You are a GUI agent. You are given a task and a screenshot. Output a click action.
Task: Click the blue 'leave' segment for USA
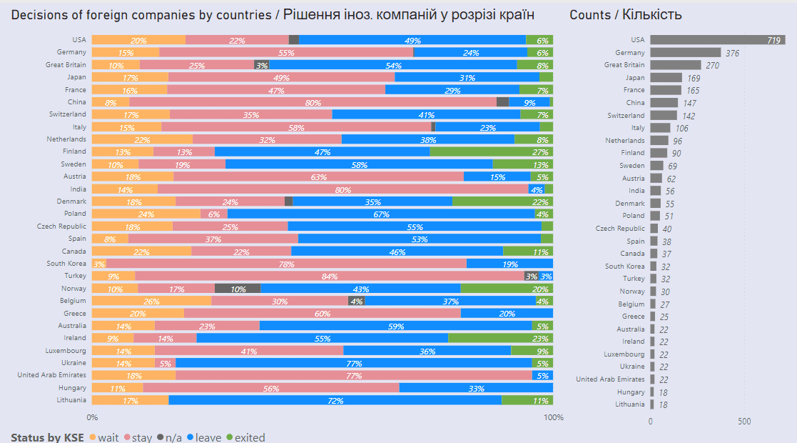(x=412, y=40)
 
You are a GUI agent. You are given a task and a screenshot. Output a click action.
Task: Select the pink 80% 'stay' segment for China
(x=313, y=102)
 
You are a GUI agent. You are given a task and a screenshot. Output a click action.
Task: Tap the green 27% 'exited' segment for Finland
(x=491, y=151)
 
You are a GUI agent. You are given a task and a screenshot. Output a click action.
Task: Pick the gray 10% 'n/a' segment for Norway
(x=238, y=289)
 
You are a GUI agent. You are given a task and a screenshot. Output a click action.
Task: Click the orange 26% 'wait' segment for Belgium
(x=151, y=301)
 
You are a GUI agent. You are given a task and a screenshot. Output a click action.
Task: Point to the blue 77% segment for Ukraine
(x=354, y=363)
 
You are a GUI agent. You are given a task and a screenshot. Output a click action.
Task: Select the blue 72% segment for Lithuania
(x=335, y=400)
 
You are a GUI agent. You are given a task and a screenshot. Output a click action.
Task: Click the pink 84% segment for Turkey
(x=329, y=276)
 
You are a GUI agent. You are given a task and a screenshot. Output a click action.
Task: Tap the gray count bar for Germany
(x=685, y=52)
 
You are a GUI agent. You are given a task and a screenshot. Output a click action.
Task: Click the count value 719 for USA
(x=773, y=41)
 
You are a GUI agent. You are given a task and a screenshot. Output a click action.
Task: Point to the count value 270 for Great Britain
(x=712, y=65)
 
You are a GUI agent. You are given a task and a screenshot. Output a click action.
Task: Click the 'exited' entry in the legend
(x=245, y=437)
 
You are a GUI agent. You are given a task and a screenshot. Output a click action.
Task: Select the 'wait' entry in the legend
(x=104, y=437)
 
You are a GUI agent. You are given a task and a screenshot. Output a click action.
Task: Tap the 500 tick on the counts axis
(x=744, y=422)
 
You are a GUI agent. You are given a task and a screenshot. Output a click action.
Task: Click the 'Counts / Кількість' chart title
(x=625, y=14)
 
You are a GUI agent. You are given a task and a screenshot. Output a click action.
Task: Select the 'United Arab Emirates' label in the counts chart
(x=610, y=379)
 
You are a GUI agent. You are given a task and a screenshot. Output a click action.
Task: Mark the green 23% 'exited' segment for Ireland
(x=500, y=338)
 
